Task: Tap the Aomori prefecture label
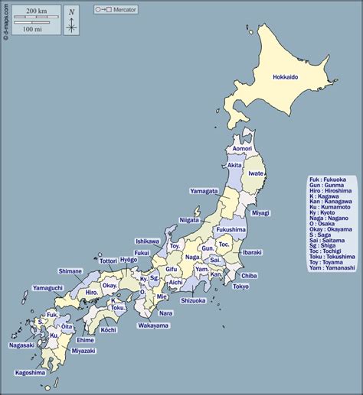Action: [241, 148]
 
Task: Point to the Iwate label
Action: [256, 173]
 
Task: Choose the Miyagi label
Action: [260, 213]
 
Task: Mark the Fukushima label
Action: [231, 229]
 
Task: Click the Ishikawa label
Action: [147, 241]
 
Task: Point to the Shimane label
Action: [70, 270]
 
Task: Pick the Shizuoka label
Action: [192, 300]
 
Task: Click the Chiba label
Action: [249, 275]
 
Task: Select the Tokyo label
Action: [240, 287]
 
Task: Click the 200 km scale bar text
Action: [32, 11]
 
